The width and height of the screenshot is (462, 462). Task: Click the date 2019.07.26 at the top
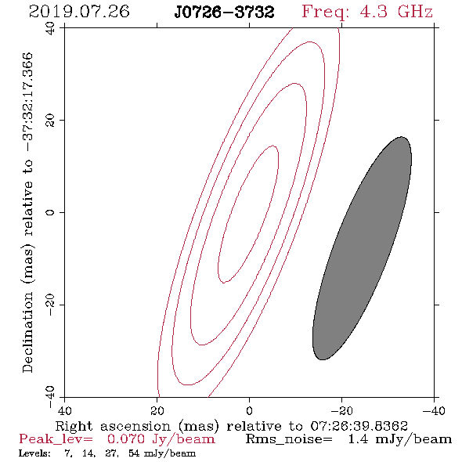pos(79,12)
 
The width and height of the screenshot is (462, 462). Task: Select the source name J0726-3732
pos(224,13)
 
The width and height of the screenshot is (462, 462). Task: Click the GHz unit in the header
pos(415,12)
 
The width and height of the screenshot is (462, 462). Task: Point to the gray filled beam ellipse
pos(362,248)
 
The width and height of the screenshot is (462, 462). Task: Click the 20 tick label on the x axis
pos(157,411)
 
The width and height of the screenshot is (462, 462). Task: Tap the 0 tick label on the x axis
pos(250,411)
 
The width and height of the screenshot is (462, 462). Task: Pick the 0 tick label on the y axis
pos(50,212)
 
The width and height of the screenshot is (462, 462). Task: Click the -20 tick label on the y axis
pos(50,305)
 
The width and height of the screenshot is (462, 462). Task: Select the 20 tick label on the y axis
pos(50,121)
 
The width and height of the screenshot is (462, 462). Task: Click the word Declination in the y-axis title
pos(27,333)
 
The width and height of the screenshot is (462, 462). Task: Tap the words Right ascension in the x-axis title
pos(113,426)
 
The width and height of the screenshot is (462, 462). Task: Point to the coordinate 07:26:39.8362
pos(359,426)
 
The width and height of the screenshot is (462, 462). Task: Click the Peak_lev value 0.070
pos(126,439)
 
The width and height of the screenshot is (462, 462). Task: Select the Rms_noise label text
pos(289,440)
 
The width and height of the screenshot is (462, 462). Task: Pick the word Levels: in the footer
pos(34,453)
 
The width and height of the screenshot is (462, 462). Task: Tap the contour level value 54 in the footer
pos(134,453)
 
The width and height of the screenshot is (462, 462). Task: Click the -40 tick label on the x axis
pos(434,411)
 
